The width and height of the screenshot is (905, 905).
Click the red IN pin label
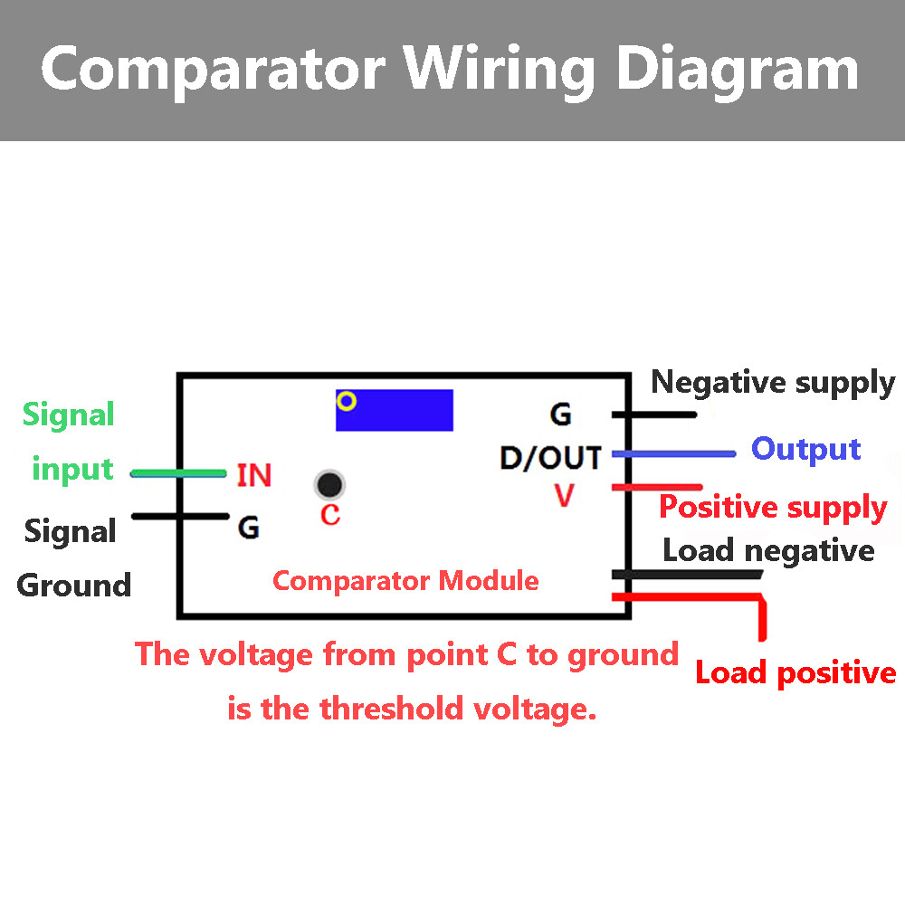[x=253, y=475]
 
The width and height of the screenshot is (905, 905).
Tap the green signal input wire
[x=178, y=472]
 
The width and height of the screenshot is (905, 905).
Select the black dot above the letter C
[x=329, y=485]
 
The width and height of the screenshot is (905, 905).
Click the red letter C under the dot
[x=330, y=516]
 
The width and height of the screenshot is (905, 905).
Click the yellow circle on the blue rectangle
[x=347, y=400]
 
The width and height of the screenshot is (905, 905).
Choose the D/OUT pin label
[x=550, y=458]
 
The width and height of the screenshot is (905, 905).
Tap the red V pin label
[x=565, y=496]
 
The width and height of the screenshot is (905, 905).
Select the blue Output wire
[x=673, y=453]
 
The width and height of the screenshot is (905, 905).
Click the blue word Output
[x=805, y=449]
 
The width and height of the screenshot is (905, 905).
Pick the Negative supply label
[x=772, y=383]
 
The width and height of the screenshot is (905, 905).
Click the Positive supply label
[x=772, y=507]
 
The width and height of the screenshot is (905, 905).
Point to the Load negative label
[x=768, y=550]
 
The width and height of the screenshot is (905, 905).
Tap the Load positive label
[x=795, y=672]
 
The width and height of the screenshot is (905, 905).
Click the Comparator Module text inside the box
[x=405, y=580]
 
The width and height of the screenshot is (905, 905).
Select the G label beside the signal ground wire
[x=248, y=528]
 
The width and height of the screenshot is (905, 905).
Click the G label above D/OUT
[x=560, y=415]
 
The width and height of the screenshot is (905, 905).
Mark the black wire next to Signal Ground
[x=179, y=517]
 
